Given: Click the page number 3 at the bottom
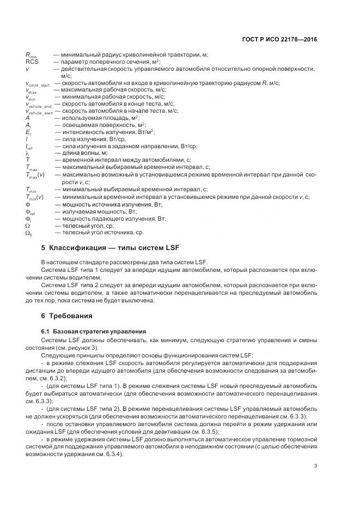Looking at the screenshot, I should click(316, 465).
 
